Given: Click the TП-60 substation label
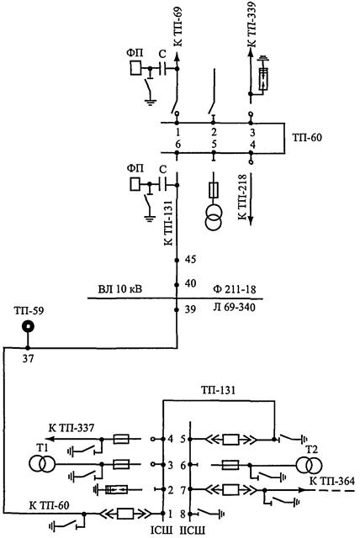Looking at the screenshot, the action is [307, 138].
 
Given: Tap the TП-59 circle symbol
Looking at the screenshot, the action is [28, 326].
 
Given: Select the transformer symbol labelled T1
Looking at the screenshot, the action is [41, 464].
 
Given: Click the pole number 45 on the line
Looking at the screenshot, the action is [190, 259].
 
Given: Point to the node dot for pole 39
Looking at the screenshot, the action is [177, 310].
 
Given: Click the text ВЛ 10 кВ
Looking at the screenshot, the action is [119, 289].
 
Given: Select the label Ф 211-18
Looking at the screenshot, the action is [235, 289].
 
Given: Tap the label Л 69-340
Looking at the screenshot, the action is [235, 307].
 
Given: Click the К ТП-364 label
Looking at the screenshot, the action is [332, 481].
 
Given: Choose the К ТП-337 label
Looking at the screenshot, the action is [71, 428].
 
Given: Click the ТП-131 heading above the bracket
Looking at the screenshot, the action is [218, 390].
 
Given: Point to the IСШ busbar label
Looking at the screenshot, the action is [161, 530].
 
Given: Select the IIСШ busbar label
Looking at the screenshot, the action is [193, 530].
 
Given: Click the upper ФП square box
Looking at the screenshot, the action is [135, 68].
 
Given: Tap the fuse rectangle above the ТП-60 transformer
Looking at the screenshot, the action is [214, 190].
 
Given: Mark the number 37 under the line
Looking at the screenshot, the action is [28, 359].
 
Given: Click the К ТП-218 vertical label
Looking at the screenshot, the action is [242, 198].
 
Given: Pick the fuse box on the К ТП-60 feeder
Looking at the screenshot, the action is [125, 514].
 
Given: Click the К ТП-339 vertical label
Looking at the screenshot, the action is [251, 24].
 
